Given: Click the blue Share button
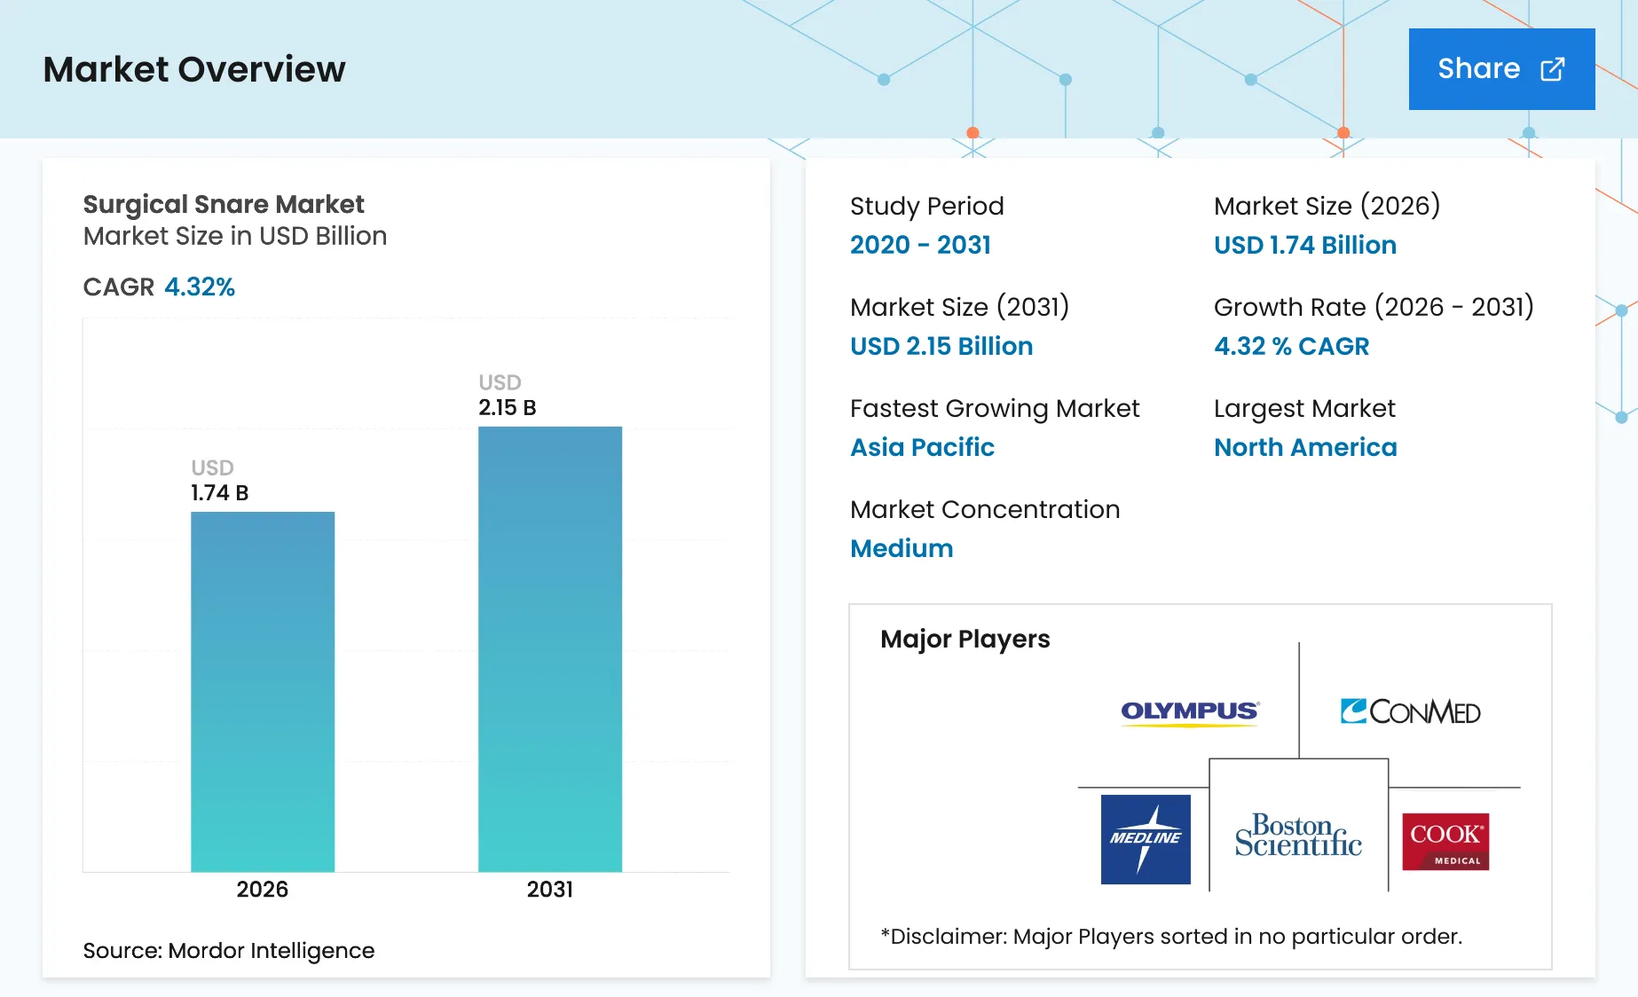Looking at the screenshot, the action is coord(1501,69).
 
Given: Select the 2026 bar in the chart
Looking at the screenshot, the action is coord(263,692).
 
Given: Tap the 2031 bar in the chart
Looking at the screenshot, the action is coord(550,649).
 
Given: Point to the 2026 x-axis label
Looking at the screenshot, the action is coord(263,889).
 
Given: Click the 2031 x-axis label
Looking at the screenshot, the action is coord(550,889).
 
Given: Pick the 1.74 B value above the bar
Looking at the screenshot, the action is coord(219,493).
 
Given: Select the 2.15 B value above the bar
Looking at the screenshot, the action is coord(508,408).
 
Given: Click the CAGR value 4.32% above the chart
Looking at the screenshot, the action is coord(200,287).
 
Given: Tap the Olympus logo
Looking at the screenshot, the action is coord(1190,712).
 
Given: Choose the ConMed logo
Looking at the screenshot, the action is coord(1410,711).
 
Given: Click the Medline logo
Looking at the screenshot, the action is coord(1146,839).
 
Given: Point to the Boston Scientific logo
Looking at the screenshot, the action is coord(1298,836).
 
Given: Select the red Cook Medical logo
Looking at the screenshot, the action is coord(1445,842).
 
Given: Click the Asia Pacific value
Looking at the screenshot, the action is coord(922,447).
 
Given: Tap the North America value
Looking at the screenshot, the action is coord(1305,447).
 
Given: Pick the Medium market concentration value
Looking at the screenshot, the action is coord(902,548).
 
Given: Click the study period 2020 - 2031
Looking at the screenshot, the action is coord(920,245).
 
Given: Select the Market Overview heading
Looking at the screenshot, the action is coord(194,69).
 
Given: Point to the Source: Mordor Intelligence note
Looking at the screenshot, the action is coord(229,951).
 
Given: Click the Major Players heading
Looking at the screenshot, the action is coord(965,640).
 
